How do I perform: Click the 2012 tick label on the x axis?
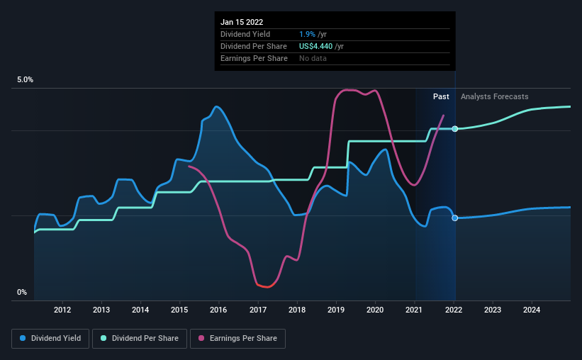click(x=62, y=310)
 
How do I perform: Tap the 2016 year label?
click(x=218, y=310)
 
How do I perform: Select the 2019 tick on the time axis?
click(x=336, y=310)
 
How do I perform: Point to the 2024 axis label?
click(x=532, y=310)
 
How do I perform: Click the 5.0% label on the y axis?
click(x=25, y=80)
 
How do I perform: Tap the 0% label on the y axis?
click(x=22, y=293)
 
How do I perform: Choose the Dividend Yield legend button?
click(x=50, y=339)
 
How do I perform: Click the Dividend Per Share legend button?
click(x=140, y=339)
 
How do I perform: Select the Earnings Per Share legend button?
click(x=237, y=339)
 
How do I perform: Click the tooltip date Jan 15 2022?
click(x=242, y=22)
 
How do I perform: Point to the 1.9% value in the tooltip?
click(x=307, y=34)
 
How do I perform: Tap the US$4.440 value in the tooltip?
click(x=316, y=46)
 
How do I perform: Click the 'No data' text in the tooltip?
click(x=313, y=58)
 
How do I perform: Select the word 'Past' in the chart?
click(x=441, y=96)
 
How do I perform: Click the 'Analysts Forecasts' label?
click(x=494, y=96)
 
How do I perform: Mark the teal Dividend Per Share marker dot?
click(x=454, y=129)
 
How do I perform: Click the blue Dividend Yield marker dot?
click(x=454, y=218)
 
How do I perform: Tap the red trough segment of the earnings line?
click(x=266, y=286)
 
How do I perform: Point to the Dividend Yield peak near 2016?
click(x=217, y=107)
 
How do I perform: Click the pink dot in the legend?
click(x=201, y=338)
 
